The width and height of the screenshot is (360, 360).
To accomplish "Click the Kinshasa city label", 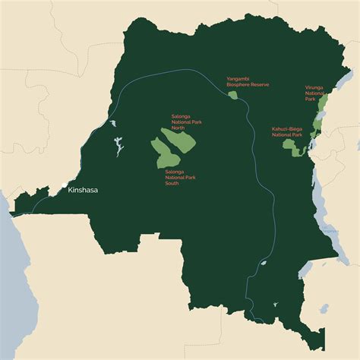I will coord(84,190).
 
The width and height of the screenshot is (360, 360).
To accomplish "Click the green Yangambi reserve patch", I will coord(234,93).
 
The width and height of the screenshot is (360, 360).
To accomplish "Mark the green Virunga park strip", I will coord(324,106).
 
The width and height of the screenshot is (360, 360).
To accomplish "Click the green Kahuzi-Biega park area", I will coord(297,150).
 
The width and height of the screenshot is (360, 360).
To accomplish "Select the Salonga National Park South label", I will coord(179,178).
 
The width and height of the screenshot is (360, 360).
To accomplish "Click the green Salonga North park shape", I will coord(179,138).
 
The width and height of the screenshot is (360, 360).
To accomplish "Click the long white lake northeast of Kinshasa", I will coord(118,146).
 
